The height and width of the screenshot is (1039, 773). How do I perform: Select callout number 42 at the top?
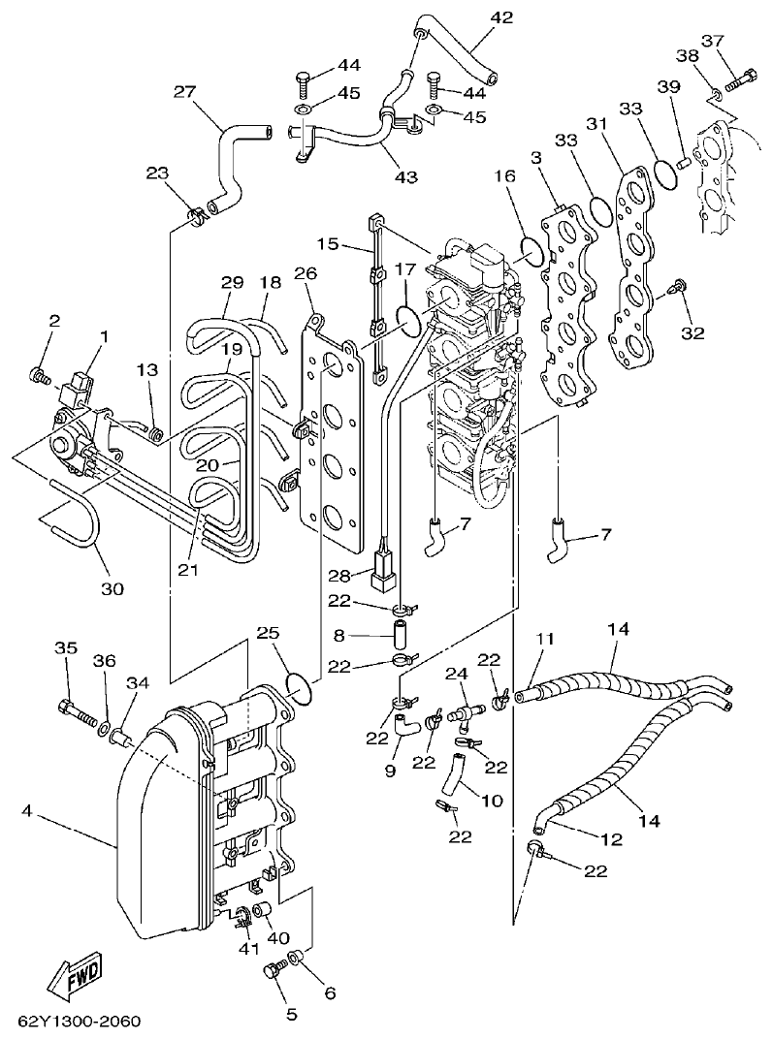coord(502,17)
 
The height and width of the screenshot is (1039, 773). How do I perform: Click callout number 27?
coord(184,92)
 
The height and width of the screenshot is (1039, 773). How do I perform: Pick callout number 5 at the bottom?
coord(291,1015)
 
